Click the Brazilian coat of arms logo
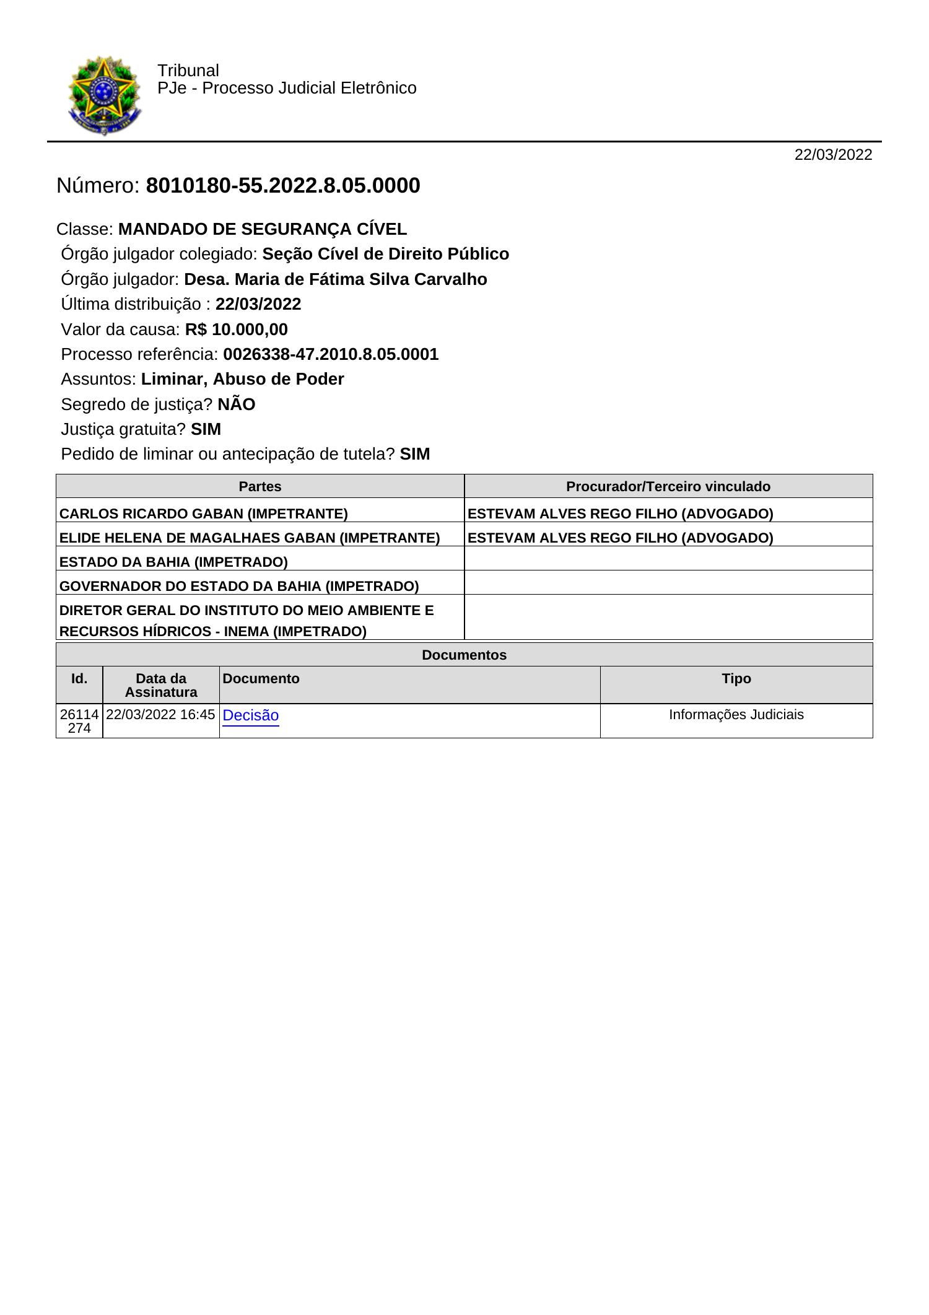103,95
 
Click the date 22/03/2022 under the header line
833,155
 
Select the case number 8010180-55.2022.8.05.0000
283,186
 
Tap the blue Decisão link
250,715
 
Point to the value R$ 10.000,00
236,329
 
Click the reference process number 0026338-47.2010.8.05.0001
331,354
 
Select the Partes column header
260,486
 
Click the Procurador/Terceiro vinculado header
668,486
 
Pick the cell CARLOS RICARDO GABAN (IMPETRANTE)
204,513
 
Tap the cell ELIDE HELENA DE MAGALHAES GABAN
250,538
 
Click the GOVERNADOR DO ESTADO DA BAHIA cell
239,586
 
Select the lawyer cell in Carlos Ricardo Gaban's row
621,513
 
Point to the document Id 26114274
79,721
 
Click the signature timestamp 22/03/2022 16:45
160,714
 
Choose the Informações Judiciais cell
736,715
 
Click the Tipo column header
736,678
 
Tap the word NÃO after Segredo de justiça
237,404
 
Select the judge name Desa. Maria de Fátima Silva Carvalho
336,279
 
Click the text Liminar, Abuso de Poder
242,379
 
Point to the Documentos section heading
464,655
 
